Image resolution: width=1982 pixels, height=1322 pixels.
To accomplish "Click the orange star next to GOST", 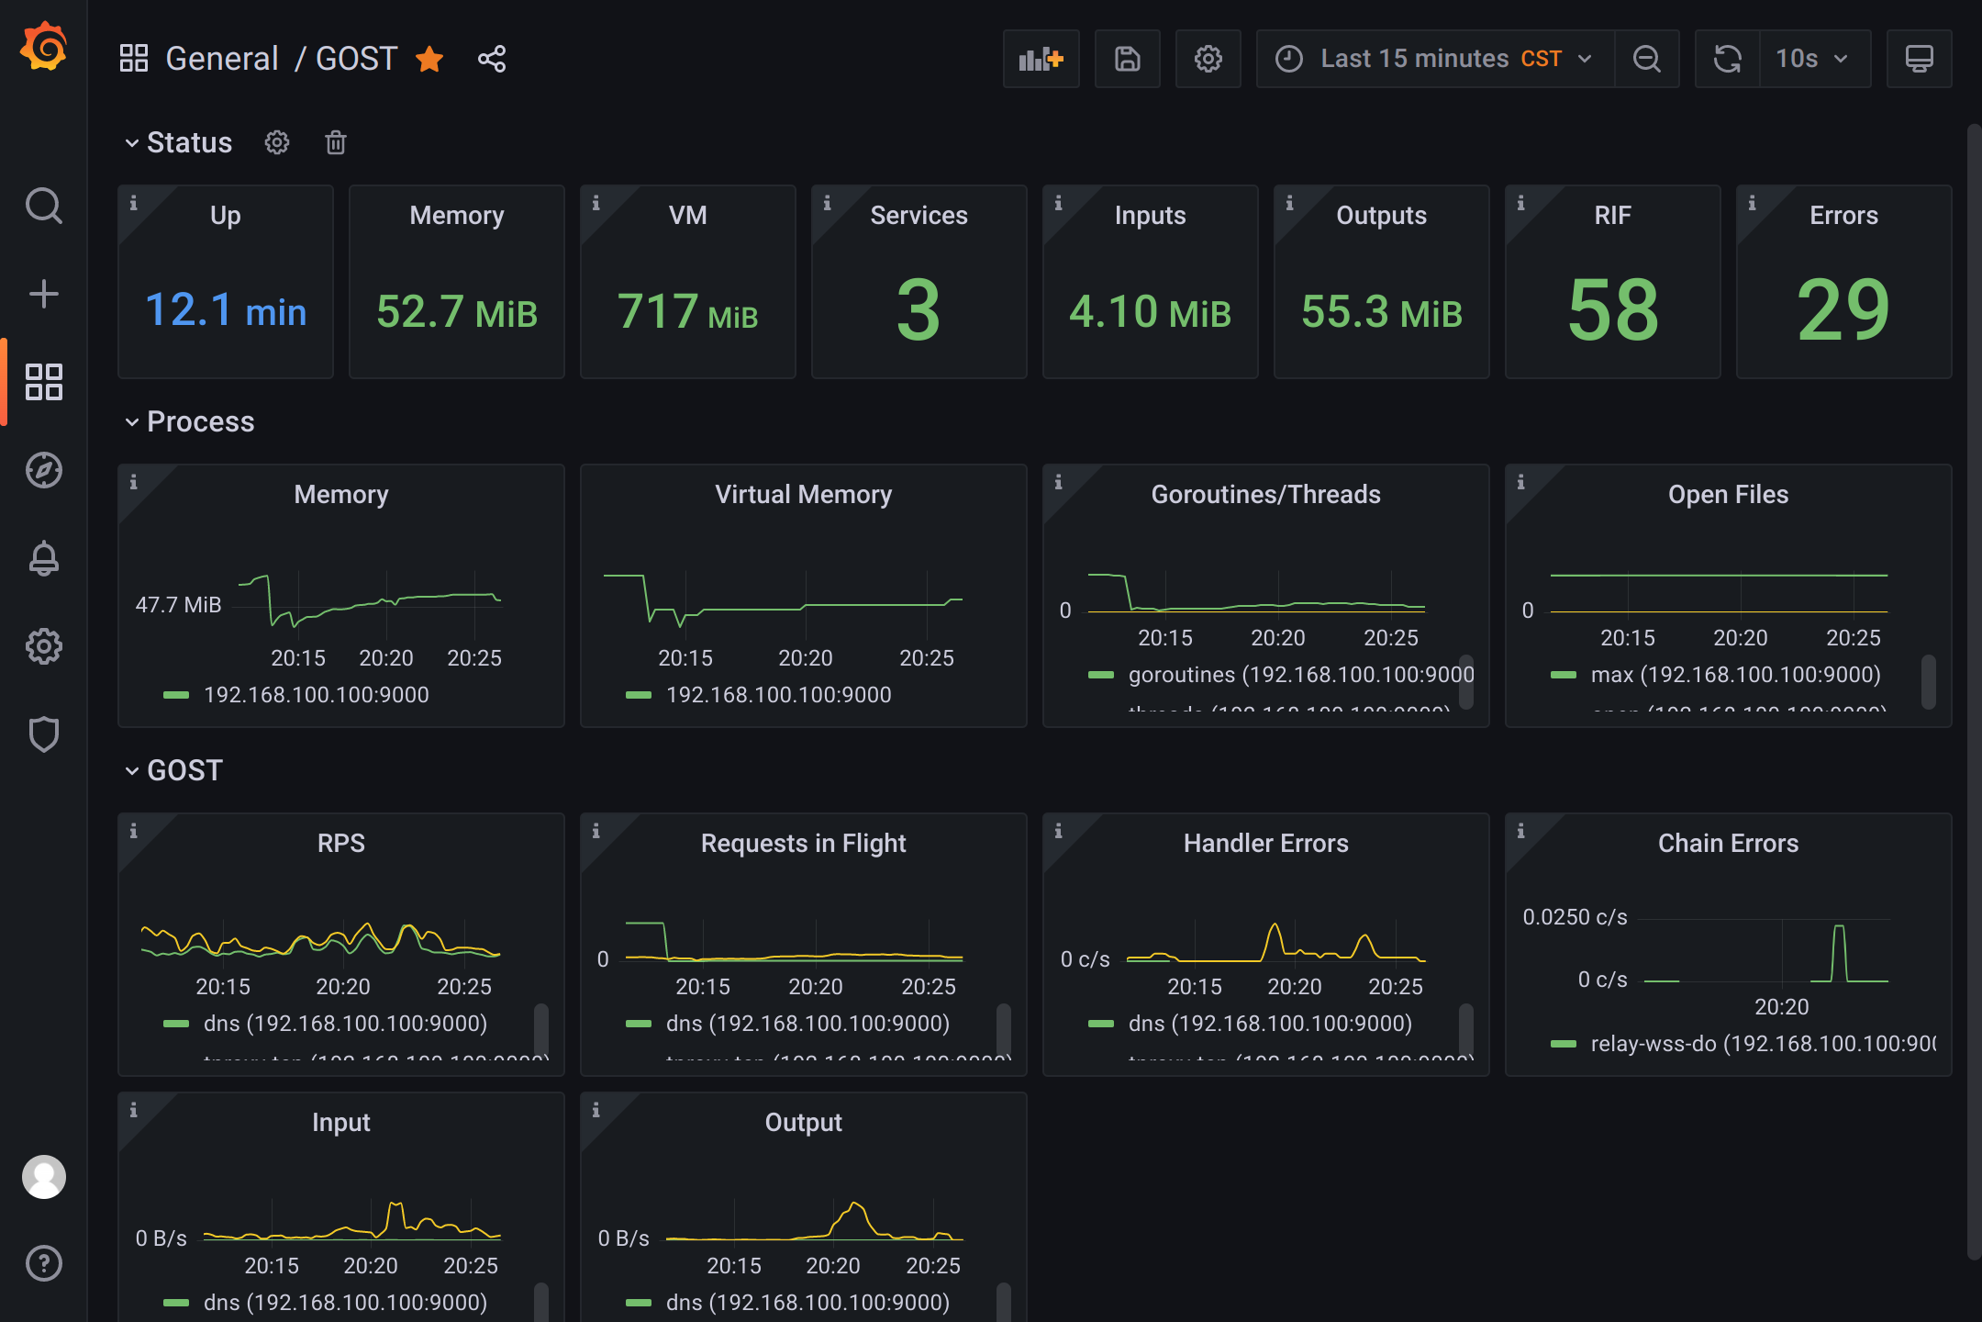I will (429, 60).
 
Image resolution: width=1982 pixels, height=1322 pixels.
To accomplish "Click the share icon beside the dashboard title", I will (492, 60).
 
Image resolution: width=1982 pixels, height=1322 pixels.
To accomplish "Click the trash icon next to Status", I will (336, 143).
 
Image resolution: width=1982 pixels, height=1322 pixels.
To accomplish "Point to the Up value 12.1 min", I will (226, 310).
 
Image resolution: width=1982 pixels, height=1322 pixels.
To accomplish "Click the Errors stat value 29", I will (1843, 310).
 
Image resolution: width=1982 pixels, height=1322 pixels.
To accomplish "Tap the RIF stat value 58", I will (1612, 310).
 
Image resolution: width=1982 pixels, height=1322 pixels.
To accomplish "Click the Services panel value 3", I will (919, 310).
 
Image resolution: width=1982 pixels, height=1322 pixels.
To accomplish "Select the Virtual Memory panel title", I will (803, 495).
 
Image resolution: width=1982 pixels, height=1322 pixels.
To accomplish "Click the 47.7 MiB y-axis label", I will (178, 605).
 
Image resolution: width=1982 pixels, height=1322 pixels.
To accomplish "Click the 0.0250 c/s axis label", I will (1575, 917).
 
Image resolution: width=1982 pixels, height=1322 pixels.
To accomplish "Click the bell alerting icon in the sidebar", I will (43, 558).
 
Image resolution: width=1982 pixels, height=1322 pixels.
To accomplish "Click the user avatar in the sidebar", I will (43, 1177).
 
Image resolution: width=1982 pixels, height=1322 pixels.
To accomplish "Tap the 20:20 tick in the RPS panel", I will (343, 987).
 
